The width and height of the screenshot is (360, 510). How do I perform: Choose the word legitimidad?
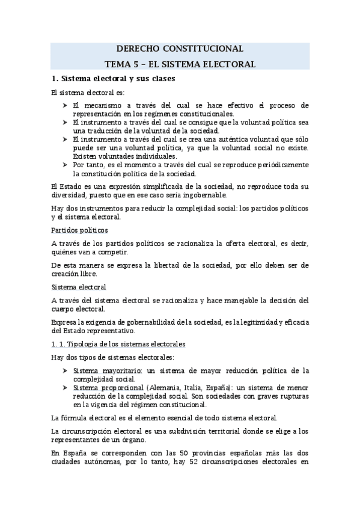coord(251,321)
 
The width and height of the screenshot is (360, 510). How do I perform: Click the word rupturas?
coord(291,396)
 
